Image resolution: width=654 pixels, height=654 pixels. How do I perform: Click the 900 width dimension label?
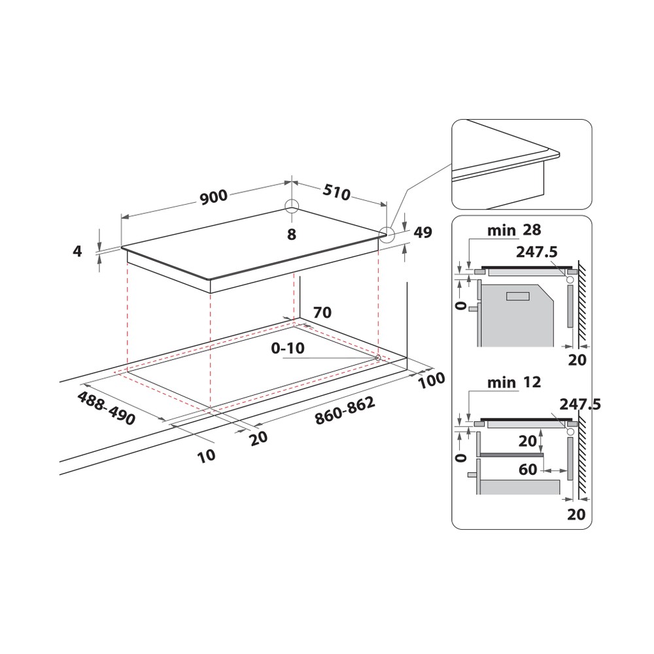[x=213, y=196]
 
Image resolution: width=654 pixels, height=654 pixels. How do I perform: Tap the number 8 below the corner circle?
[x=292, y=234]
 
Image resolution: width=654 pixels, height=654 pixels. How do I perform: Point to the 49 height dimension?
[x=423, y=233]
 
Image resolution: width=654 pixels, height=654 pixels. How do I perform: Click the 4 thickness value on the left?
[x=78, y=250]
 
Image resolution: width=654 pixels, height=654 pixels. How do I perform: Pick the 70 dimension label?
[x=323, y=313]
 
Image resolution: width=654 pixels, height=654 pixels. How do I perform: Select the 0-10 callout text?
[x=288, y=349]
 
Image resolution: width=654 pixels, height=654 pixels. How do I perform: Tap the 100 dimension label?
[x=432, y=379]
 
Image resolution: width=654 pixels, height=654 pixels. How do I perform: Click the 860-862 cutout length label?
[x=345, y=411]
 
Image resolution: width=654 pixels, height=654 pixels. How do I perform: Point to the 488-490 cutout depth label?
[x=106, y=409]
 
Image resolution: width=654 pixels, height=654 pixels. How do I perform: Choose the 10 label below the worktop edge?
[x=206, y=455]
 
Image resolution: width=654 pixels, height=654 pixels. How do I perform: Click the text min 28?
[x=514, y=230]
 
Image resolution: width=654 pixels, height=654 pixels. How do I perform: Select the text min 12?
[x=514, y=383]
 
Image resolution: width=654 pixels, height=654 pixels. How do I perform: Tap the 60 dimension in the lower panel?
[x=528, y=470]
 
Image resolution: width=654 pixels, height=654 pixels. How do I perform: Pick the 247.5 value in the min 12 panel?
[x=579, y=405]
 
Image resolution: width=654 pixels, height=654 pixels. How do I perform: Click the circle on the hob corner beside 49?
[x=387, y=235]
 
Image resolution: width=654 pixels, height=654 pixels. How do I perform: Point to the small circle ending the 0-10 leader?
[x=379, y=358]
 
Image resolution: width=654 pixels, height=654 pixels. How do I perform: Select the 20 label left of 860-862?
[x=259, y=438]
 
